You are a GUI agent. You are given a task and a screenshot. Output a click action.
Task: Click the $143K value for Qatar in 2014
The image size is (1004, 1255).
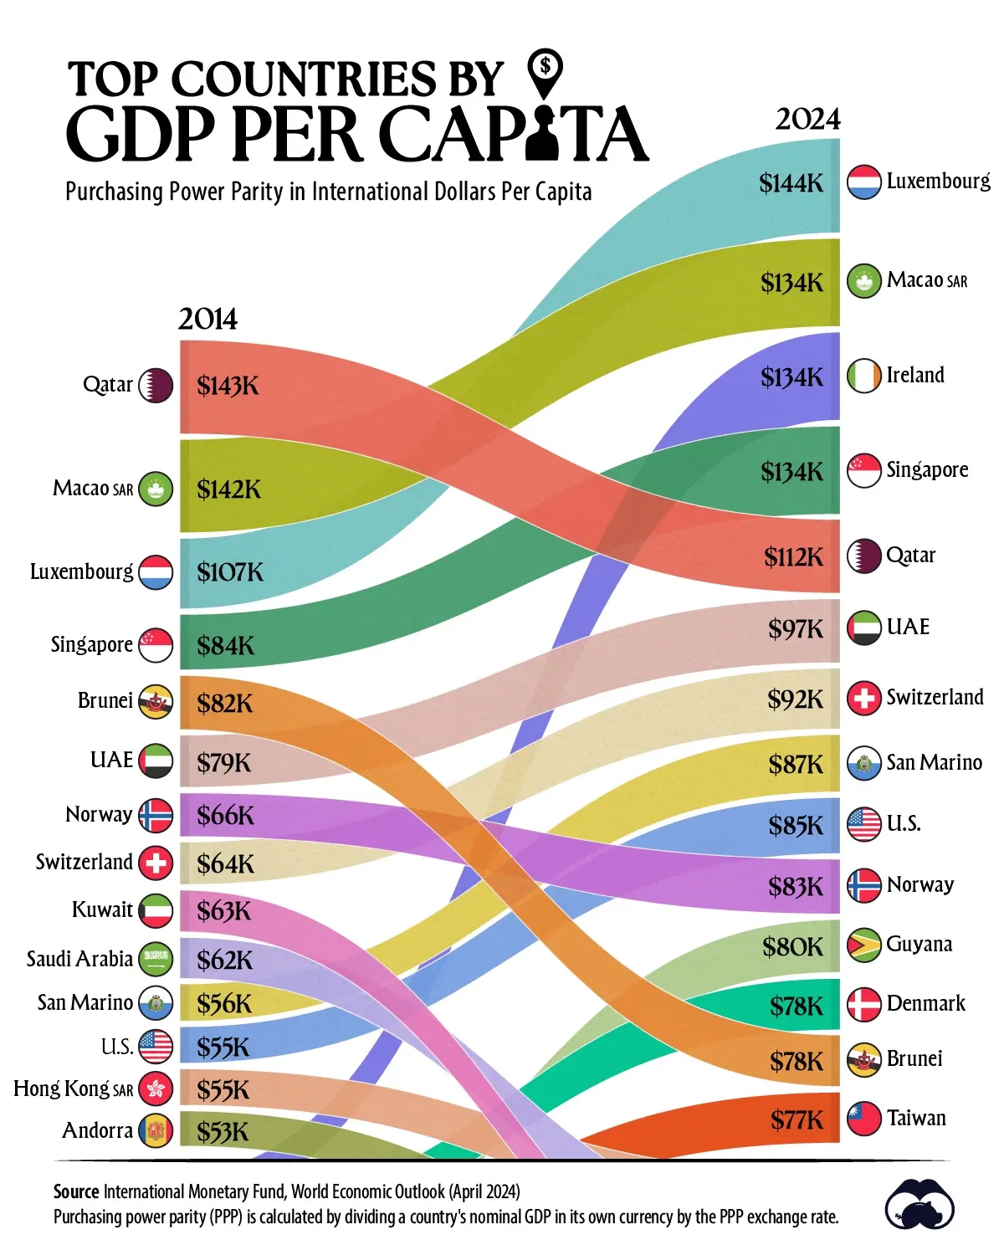pos(228,386)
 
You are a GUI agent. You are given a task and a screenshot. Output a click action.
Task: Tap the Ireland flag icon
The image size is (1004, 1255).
pos(863,376)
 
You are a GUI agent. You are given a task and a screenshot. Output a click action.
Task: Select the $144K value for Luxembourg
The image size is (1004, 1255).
pos(791,183)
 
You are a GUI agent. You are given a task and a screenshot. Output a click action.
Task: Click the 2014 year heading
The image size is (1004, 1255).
pos(207,320)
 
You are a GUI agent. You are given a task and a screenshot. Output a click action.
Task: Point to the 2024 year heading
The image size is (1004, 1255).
pos(807,120)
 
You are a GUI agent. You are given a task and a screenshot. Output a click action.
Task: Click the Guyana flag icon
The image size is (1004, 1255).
pos(863,945)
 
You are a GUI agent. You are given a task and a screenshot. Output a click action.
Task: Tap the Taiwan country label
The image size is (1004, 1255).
pos(916,1119)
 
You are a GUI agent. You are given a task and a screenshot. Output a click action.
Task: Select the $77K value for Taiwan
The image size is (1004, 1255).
pos(797,1119)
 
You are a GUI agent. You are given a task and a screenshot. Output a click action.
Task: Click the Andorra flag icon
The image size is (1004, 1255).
pos(156,1131)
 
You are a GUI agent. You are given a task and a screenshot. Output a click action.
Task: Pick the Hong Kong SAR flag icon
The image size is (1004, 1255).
pos(156,1089)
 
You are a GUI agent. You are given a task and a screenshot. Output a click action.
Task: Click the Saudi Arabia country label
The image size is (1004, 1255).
pos(79,959)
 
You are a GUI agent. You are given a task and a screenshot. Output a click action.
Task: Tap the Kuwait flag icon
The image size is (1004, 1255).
pos(156,910)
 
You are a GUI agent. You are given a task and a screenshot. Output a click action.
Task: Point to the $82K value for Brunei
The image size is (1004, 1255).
pos(224,704)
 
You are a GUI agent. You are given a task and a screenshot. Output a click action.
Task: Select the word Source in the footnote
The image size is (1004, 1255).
pos(76,1191)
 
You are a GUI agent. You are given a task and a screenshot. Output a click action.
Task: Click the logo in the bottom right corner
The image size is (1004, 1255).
pos(919,1206)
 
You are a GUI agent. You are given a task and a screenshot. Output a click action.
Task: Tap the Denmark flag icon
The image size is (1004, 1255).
pos(863,1004)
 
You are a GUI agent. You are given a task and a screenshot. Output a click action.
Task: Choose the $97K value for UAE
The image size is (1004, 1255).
pos(796,629)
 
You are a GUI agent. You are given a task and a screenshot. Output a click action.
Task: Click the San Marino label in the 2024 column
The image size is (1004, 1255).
pos(934,762)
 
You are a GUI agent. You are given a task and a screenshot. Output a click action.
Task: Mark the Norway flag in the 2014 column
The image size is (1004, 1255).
pos(156,816)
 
